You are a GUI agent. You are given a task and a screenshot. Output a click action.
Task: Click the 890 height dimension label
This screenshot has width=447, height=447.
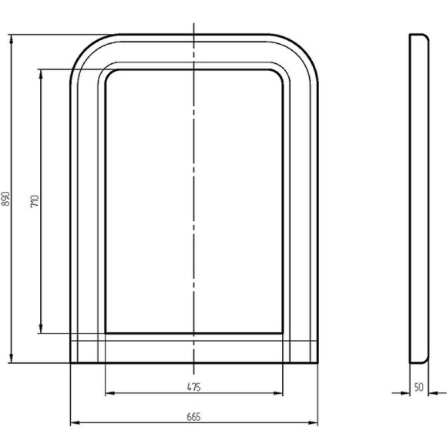5,199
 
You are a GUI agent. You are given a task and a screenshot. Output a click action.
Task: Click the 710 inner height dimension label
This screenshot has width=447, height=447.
35,201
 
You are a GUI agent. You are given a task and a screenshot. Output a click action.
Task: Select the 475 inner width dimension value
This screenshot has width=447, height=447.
194,387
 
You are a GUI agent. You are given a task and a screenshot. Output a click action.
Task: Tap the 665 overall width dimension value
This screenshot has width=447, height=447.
194,417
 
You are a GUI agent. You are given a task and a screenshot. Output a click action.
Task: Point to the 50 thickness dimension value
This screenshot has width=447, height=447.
418,387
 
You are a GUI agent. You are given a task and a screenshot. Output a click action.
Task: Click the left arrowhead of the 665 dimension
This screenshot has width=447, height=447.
75,422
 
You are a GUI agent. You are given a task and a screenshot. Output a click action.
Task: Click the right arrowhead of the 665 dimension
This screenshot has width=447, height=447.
313,422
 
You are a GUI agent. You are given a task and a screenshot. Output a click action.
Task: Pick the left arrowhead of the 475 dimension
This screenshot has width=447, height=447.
110,393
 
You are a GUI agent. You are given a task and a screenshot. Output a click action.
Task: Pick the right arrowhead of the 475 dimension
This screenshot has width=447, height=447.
278,393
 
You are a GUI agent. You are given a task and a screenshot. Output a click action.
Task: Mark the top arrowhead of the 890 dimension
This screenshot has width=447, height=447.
12,39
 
